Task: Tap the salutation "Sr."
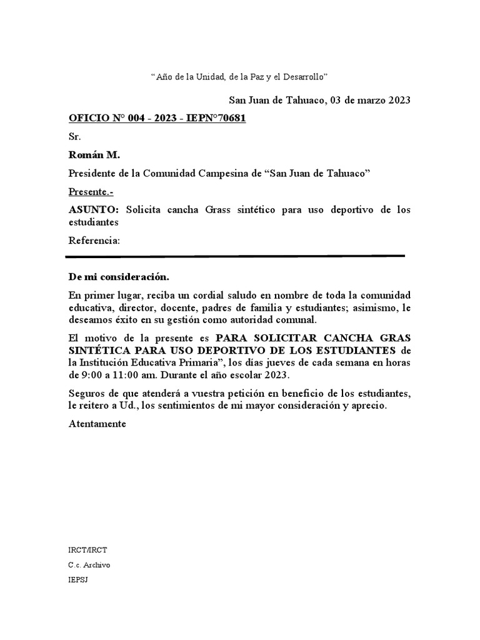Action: pyautogui.click(x=74, y=136)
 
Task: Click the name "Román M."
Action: pyautogui.click(x=89, y=155)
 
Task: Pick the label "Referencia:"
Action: pyautogui.click(x=94, y=241)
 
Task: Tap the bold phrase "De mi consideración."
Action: pyautogui.click(x=118, y=277)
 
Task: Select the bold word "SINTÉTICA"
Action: pyautogui.click(x=97, y=350)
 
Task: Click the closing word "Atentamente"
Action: pyautogui.click(x=97, y=424)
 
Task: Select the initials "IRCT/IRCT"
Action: pyautogui.click(x=87, y=551)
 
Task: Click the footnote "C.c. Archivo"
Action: pyautogui.click(x=89, y=565)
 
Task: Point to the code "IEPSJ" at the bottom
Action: pyautogui.click(x=79, y=579)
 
